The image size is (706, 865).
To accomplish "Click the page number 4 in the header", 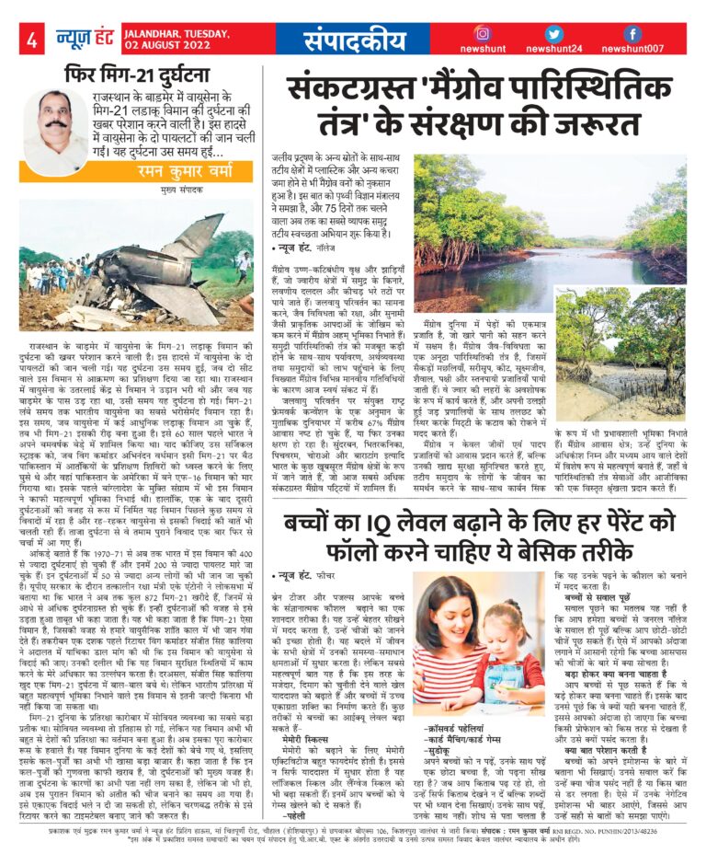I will (x=32, y=40).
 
